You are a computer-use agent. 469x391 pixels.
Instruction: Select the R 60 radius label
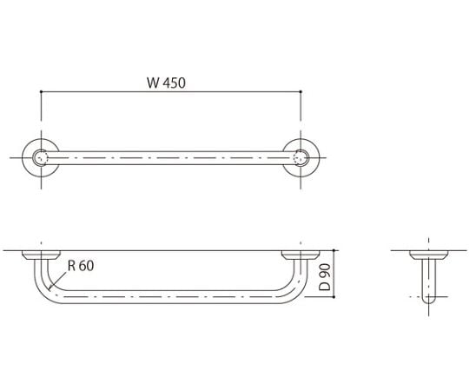79,267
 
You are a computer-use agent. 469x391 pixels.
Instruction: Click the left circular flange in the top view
40,158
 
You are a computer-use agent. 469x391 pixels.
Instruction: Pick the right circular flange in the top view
301,158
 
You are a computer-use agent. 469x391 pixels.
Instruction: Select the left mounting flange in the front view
40,255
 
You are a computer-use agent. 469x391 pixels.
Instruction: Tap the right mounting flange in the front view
301,255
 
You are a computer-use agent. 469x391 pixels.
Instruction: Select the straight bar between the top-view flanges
170,158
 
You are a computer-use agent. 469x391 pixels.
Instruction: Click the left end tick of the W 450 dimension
41,93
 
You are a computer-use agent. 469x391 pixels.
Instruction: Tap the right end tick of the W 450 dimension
301,93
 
